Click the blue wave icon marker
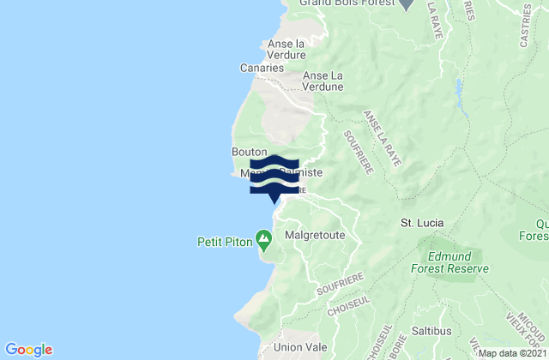274,176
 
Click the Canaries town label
262,68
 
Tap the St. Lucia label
423,223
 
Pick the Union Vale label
295,347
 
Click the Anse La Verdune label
323,81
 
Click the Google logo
29,350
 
